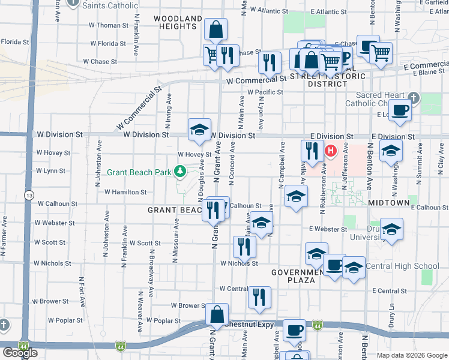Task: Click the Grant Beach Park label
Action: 139,172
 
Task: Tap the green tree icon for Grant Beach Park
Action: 179,172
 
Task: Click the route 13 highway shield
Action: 29,195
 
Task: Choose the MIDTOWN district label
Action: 388,203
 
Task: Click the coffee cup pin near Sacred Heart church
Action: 401,110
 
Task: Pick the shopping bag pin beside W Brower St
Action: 218,312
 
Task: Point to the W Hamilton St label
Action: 125,192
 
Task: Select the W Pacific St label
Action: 265,92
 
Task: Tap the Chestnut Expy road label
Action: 249,325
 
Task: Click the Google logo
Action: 20,353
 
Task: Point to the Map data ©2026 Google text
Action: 411,355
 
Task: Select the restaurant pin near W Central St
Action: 259,296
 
